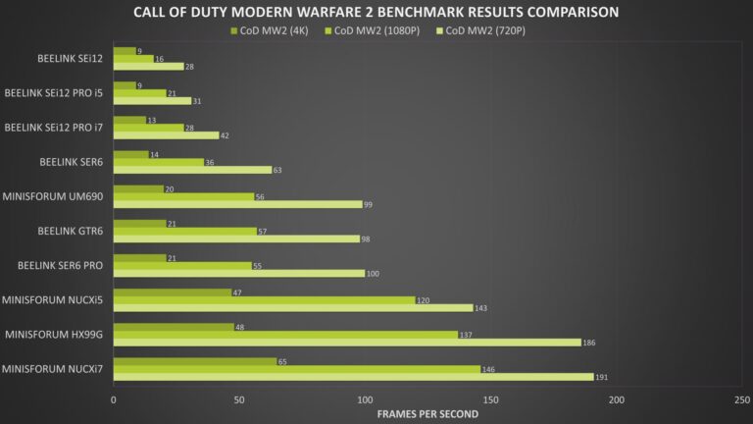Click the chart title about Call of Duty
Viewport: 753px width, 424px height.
[376, 12]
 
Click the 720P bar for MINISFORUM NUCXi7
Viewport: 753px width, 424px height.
[353, 377]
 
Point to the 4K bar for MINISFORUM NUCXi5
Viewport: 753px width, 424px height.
[173, 292]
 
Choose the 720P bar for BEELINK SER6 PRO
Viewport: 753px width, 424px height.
[239, 273]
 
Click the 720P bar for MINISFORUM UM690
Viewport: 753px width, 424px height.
[238, 204]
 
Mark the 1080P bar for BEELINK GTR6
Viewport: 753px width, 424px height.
[185, 231]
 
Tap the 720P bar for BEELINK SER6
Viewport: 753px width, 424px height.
[192, 169]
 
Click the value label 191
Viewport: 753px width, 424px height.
[605, 377]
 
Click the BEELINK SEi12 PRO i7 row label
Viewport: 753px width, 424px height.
[54, 127]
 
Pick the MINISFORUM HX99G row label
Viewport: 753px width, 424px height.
[53, 335]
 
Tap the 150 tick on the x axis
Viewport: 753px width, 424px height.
[490, 399]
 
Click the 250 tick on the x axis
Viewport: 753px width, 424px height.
[742, 399]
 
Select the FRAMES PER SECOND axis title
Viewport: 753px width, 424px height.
[427, 413]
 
